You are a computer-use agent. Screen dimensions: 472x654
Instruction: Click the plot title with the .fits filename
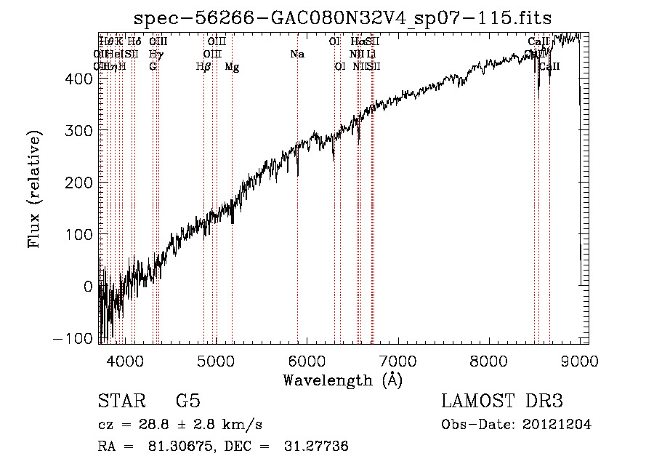pos(343,20)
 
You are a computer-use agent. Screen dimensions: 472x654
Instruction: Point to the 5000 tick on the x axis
pos(216,361)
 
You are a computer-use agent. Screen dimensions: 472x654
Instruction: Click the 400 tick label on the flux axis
pos(81,78)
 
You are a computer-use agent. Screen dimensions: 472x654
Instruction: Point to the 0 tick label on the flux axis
pos(89,287)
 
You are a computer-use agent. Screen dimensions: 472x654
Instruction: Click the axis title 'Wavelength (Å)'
pos(342,380)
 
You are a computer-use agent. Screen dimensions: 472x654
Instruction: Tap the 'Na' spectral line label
pos(296,55)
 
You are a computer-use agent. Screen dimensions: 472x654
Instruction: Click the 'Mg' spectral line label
pos(232,67)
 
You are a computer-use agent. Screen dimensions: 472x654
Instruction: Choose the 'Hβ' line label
pos(203,67)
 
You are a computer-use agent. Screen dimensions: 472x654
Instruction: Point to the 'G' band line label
pos(153,67)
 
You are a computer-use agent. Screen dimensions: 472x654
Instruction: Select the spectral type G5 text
pos(188,401)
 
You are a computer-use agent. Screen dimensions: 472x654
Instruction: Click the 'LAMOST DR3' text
pos(502,401)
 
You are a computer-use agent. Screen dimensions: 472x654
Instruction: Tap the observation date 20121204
pos(557,425)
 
